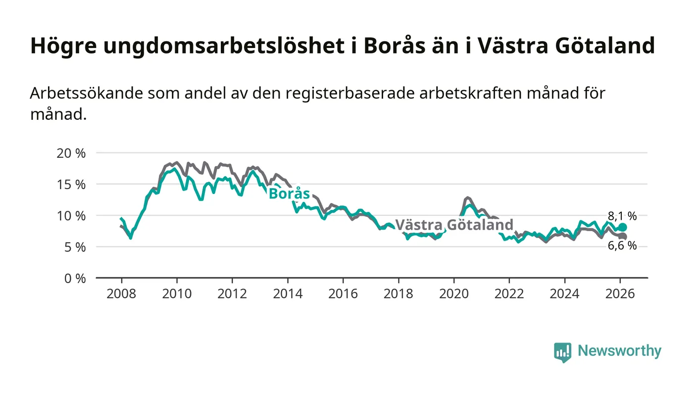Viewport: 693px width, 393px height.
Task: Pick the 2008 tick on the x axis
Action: click(121, 294)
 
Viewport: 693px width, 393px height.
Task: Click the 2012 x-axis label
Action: click(232, 294)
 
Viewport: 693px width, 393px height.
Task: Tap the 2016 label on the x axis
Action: click(343, 294)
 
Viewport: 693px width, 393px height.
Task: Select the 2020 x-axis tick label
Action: click(454, 294)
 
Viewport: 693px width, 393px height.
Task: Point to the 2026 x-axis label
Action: click(620, 294)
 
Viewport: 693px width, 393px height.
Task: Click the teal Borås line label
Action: click(289, 194)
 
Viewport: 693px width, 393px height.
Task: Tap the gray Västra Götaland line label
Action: click(454, 225)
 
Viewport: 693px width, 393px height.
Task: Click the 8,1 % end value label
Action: click(622, 216)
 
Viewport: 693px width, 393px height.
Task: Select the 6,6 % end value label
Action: click(622, 246)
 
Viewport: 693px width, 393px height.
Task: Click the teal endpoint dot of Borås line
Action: click(623, 227)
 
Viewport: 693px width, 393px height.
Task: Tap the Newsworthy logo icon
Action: click(562, 352)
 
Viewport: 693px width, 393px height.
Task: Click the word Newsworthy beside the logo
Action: click(619, 351)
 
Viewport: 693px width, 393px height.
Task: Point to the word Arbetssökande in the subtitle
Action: click(84, 93)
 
